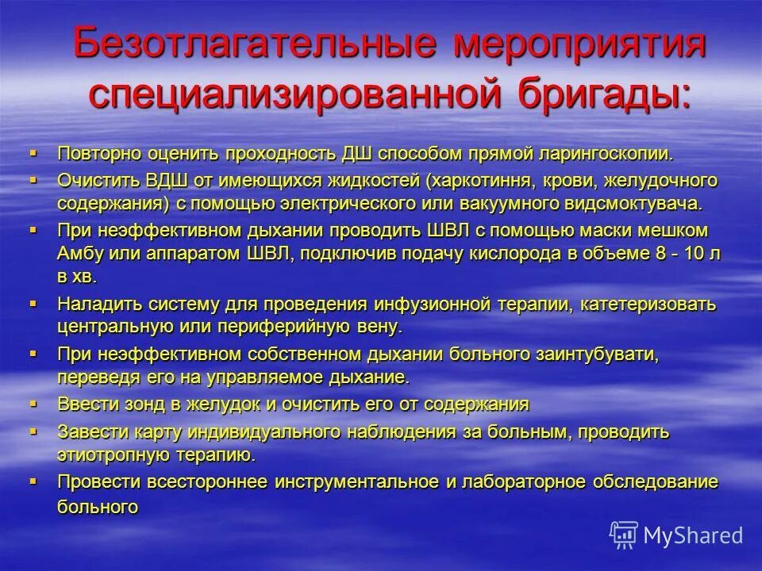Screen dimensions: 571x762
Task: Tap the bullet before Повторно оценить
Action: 33,151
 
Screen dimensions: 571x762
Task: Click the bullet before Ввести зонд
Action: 33,403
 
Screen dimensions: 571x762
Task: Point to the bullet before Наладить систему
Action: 33,303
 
